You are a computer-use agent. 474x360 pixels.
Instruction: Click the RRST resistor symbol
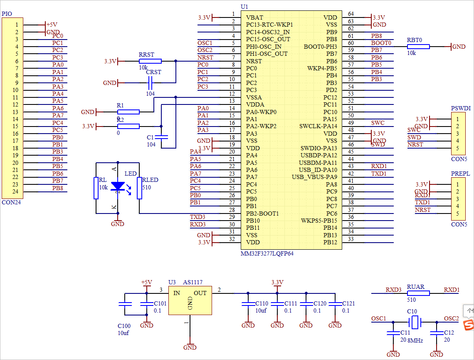tap(150, 61)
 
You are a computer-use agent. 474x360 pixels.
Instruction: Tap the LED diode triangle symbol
tap(118, 186)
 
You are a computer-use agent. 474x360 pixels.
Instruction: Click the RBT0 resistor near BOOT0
tap(418, 47)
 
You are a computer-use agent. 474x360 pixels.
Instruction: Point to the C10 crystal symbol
tap(414, 322)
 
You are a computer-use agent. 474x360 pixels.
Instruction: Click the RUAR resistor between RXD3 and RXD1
tap(418, 293)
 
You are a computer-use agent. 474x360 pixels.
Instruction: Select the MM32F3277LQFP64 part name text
tap(267, 253)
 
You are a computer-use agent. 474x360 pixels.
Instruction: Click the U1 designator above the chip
tap(244, 7)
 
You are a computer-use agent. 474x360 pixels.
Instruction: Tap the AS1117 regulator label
tap(193, 282)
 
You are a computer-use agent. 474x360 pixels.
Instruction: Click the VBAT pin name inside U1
tap(254, 17)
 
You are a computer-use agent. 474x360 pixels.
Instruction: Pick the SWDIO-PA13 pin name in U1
tap(318, 148)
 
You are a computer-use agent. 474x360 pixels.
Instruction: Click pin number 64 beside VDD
tap(351, 14)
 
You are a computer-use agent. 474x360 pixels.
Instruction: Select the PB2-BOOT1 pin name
tap(262, 214)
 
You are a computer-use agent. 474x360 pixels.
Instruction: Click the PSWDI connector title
tap(461, 108)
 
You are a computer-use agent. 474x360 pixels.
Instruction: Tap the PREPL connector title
tap(460, 174)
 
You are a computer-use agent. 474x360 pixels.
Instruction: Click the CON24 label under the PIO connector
tap(11, 202)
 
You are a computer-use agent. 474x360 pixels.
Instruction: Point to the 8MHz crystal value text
tap(415, 340)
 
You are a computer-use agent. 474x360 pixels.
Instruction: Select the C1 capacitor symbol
tap(164, 137)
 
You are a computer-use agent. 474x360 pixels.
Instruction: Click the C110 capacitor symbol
tap(248, 304)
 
